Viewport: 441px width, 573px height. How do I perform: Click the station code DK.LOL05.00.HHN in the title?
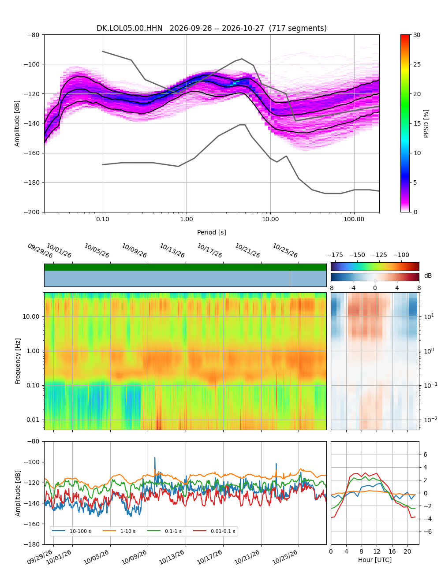pyautogui.click(x=129, y=28)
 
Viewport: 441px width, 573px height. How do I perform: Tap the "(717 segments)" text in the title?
pyautogui.click(x=298, y=28)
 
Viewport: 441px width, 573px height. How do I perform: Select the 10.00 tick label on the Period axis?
pyautogui.click(x=270, y=219)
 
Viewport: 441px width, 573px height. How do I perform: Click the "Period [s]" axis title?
pyautogui.click(x=212, y=232)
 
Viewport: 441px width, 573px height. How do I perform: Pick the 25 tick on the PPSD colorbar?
pyautogui.click(x=417, y=64)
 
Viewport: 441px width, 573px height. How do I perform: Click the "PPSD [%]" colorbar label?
pyautogui.click(x=426, y=123)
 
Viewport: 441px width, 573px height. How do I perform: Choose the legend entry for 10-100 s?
pyautogui.click(x=71, y=531)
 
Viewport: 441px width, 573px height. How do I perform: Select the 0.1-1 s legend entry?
pyautogui.click(x=164, y=531)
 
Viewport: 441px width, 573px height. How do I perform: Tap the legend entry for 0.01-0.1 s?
pyautogui.click(x=214, y=531)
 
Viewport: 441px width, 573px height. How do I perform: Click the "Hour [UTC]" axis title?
pyautogui.click(x=375, y=559)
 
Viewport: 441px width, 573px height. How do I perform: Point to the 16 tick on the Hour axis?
pyautogui.click(x=392, y=551)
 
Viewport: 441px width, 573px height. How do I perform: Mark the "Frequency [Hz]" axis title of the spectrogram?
pyautogui.click(x=18, y=361)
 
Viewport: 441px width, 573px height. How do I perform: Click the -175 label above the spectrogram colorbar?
pyautogui.click(x=335, y=255)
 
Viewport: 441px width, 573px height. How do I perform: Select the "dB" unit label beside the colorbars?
pyautogui.click(x=428, y=275)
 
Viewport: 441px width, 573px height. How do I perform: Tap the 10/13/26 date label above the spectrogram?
pyautogui.click(x=172, y=250)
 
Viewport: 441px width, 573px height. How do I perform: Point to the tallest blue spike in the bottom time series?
pyautogui.click(x=155, y=458)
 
